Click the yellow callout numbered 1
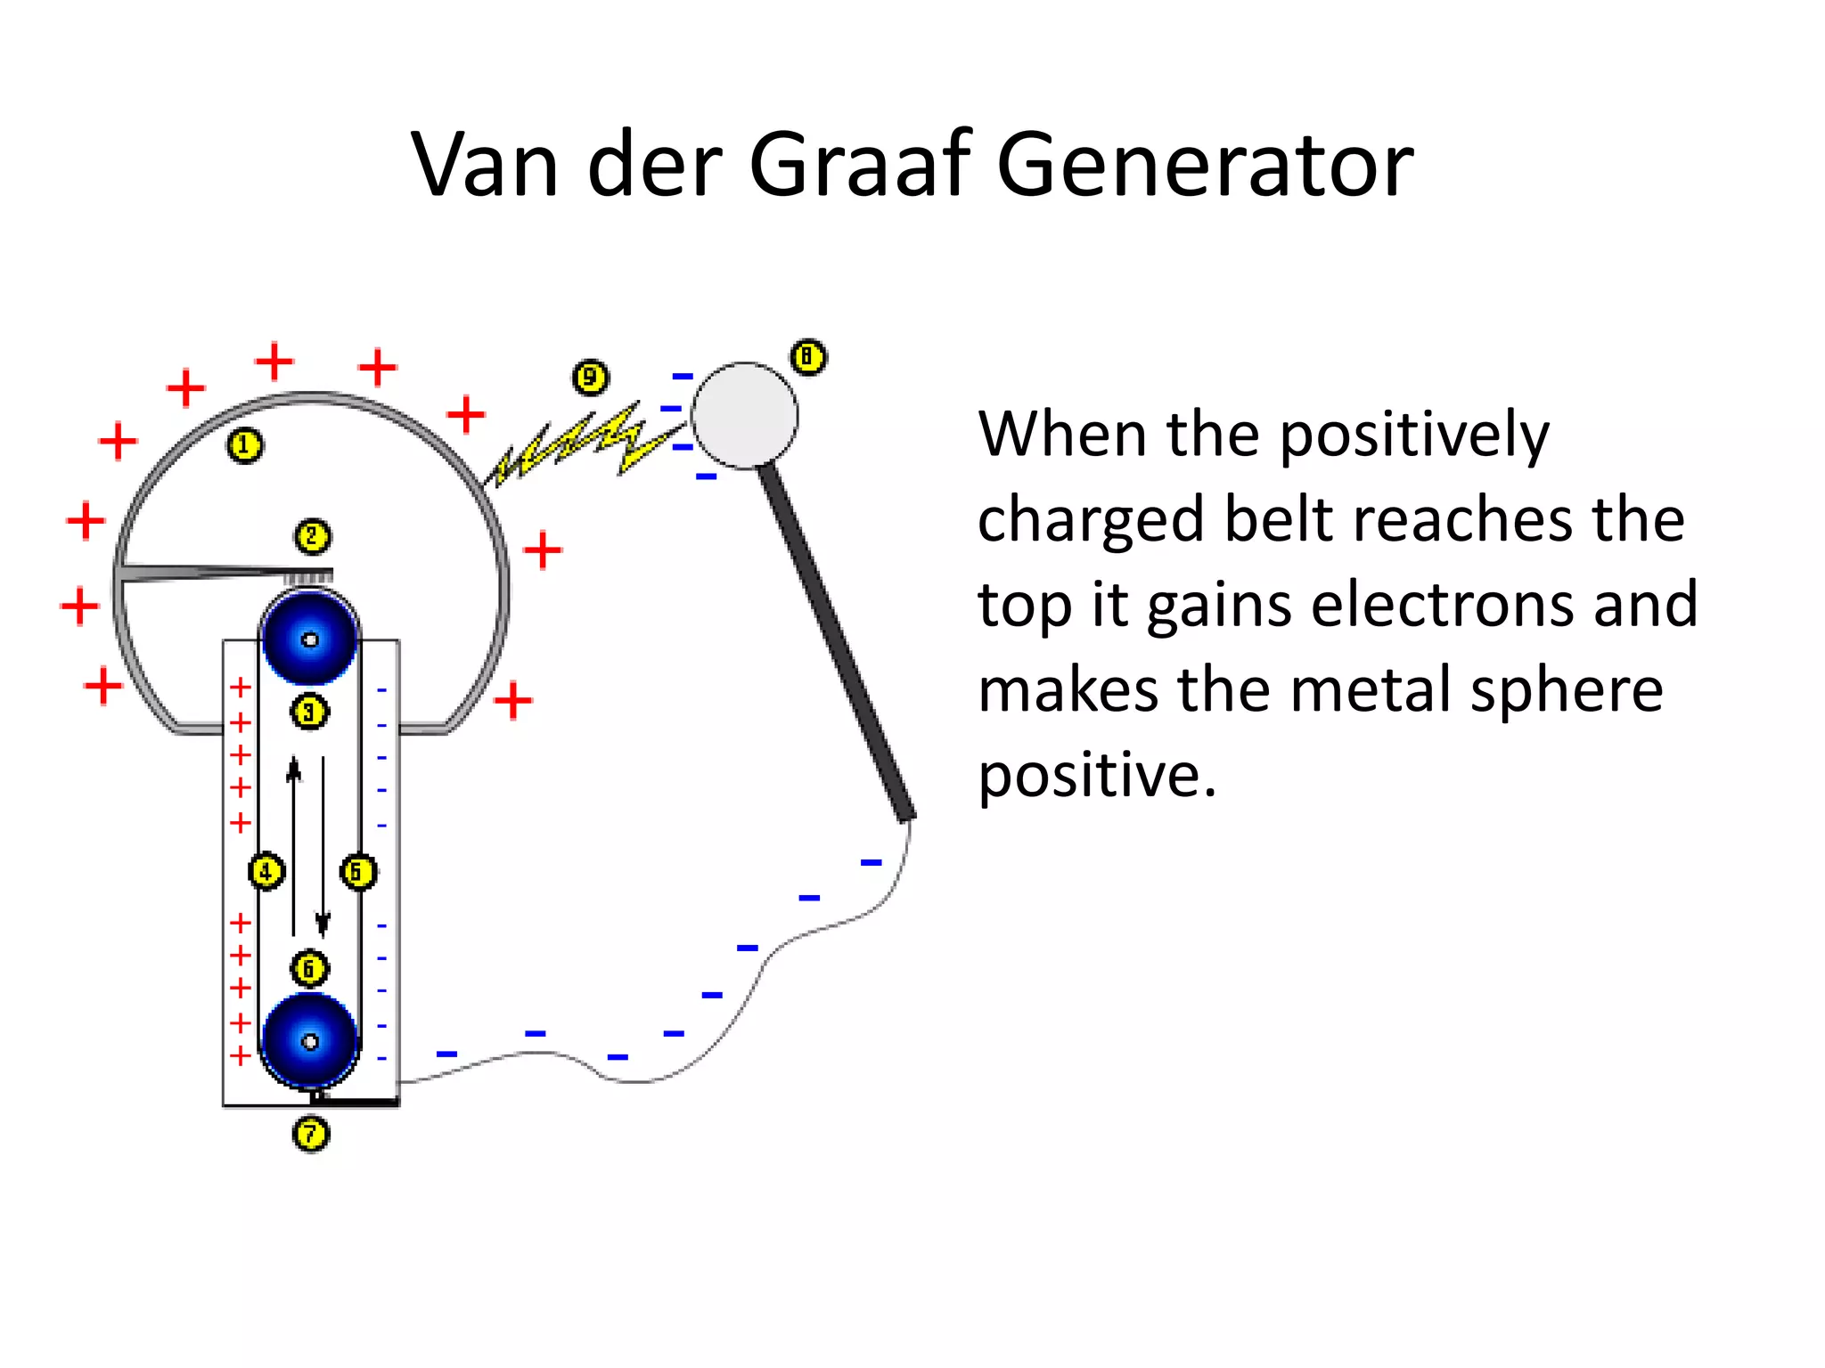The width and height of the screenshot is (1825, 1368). [245, 445]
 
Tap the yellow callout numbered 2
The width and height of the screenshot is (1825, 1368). [312, 537]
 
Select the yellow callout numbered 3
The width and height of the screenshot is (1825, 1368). [309, 712]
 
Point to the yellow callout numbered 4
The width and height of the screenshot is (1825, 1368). [266, 871]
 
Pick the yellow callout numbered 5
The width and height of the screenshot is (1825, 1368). [358, 871]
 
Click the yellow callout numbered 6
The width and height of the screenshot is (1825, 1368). [309, 968]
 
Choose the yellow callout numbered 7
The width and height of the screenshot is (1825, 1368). [311, 1135]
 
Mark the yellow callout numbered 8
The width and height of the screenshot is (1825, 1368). [808, 358]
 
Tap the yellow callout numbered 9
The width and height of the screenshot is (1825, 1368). [590, 378]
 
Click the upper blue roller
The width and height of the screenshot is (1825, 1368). [309, 639]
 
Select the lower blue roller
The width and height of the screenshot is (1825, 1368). [309, 1040]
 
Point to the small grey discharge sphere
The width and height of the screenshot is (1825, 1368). [744, 415]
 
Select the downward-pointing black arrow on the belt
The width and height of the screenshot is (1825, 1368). [323, 846]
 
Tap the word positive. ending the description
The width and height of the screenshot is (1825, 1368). [1097, 775]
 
